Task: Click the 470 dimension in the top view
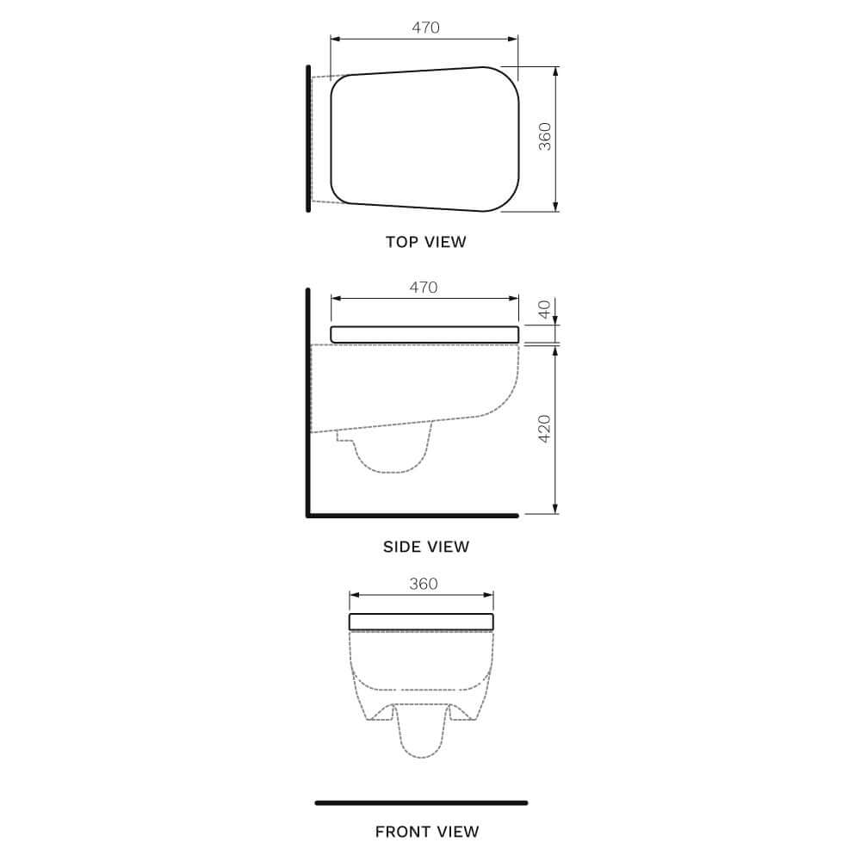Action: coord(425,28)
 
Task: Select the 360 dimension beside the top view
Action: coord(544,138)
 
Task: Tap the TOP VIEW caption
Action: coord(425,242)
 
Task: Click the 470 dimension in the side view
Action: coord(424,288)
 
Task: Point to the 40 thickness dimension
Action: coord(544,309)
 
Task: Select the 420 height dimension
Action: coord(544,429)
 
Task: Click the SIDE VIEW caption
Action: coord(426,547)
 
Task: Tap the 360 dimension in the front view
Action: coord(423,584)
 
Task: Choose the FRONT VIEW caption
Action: coord(426,832)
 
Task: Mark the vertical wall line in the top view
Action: coord(307,138)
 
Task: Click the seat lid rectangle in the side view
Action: coord(424,335)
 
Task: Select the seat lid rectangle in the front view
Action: coord(421,622)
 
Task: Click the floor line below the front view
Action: coord(421,802)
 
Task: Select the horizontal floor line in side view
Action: coord(413,516)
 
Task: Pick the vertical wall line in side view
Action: coord(307,405)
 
